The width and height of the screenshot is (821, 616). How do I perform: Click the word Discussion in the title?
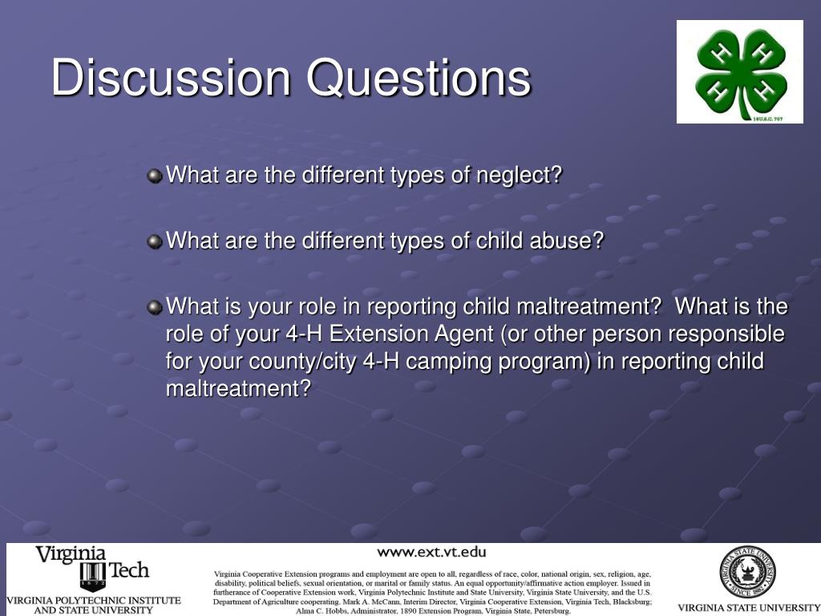point(171,78)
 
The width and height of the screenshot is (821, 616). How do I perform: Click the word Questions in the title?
point(419,78)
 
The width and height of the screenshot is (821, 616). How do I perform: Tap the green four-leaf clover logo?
point(740,72)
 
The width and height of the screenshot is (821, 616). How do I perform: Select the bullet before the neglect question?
point(155,176)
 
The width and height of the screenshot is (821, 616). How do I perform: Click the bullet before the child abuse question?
point(155,241)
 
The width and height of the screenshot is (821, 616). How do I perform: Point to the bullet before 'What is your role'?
point(155,307)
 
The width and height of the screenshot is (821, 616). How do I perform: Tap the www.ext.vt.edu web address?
point(431,552)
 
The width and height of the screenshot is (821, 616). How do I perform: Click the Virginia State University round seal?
point(747,572)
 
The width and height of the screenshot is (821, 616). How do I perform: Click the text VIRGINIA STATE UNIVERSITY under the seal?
point(748,608)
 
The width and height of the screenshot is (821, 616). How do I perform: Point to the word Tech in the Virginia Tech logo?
point(129,570)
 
